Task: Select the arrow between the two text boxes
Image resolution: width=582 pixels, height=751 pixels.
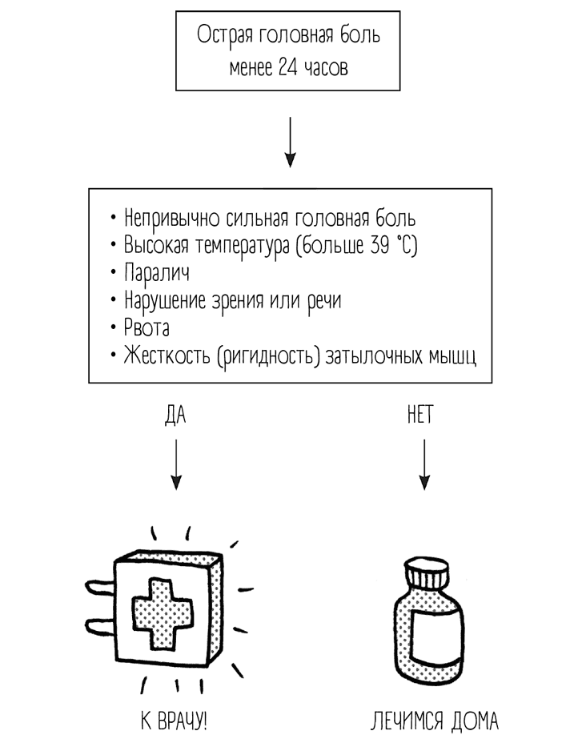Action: [291, 143]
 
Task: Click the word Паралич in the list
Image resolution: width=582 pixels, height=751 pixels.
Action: [156, 273]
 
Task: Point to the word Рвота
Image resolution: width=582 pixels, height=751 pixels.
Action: [147, 328]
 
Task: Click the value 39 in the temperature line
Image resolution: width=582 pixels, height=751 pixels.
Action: [381, 246]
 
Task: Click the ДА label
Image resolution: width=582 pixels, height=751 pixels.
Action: [175, 416]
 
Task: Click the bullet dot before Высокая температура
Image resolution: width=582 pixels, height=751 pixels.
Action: [114, 246]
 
